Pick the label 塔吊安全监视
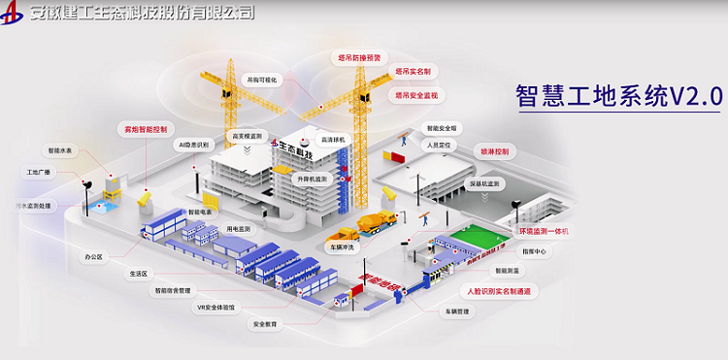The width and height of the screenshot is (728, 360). coord(416,96)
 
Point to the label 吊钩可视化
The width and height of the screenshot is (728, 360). coord(263,80)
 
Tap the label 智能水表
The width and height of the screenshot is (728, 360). coord(61,150)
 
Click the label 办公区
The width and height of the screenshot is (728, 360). coord(93,257)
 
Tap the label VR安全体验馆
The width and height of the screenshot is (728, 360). coord(216,308)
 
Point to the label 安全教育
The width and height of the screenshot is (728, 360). coord(265,324)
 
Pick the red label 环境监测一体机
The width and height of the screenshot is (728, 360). coord(544,232)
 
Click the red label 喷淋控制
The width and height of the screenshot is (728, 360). coord(494,152)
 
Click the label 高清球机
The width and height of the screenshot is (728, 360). coord(334,139)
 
